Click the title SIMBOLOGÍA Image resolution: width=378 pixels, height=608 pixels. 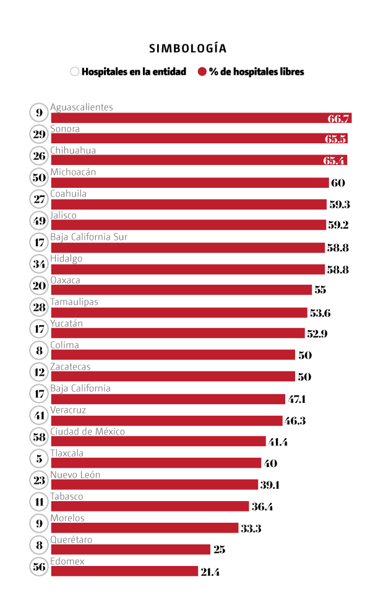187,48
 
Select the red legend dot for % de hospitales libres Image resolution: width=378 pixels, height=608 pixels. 202,72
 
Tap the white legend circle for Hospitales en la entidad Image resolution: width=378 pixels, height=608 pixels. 75,72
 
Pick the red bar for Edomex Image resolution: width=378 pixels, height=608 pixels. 124,572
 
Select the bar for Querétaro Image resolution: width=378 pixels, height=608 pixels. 130,550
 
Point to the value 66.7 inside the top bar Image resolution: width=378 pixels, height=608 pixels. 339,119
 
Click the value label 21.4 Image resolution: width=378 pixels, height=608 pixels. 210,572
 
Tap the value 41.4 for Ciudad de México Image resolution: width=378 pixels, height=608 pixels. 278,442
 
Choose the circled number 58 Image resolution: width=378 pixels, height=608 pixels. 40,437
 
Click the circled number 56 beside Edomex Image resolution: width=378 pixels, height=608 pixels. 40,567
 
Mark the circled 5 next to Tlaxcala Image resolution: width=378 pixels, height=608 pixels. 40,458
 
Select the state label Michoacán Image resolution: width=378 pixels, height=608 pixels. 73,172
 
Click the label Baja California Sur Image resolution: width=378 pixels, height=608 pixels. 89,237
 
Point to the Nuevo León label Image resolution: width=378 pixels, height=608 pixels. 75,475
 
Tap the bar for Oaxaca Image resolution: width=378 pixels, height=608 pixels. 181,290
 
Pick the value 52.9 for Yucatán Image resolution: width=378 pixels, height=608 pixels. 317,334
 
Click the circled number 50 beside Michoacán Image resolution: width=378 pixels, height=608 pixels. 40,177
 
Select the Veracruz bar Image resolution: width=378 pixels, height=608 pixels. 166,420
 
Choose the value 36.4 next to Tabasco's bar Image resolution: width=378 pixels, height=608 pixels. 262,507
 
